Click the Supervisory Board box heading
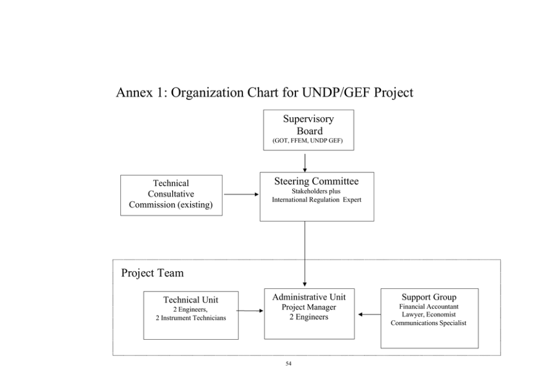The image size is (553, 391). point(309,124)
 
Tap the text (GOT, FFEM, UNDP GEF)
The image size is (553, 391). point(308,141)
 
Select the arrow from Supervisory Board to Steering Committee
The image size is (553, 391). point(305,163)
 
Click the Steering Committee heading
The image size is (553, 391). point(316,181)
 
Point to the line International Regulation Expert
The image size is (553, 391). point(316,200)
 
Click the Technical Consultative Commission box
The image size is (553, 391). point(171,195)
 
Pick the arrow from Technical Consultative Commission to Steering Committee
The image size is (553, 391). point(241,195)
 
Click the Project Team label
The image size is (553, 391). point(152,273)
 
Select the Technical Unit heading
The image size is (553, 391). point(191,300)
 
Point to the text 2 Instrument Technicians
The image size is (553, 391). point(191,318)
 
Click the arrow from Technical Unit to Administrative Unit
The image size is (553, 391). point(250,311)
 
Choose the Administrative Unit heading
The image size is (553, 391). point(309,297)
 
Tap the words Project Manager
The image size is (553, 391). point(309,307)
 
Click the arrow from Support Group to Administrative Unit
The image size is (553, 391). point(369,315)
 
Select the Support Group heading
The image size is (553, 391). point(429,297)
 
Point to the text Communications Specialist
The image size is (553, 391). point(429,323)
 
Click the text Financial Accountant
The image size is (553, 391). point(429,307)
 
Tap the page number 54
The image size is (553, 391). point(289,364)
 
